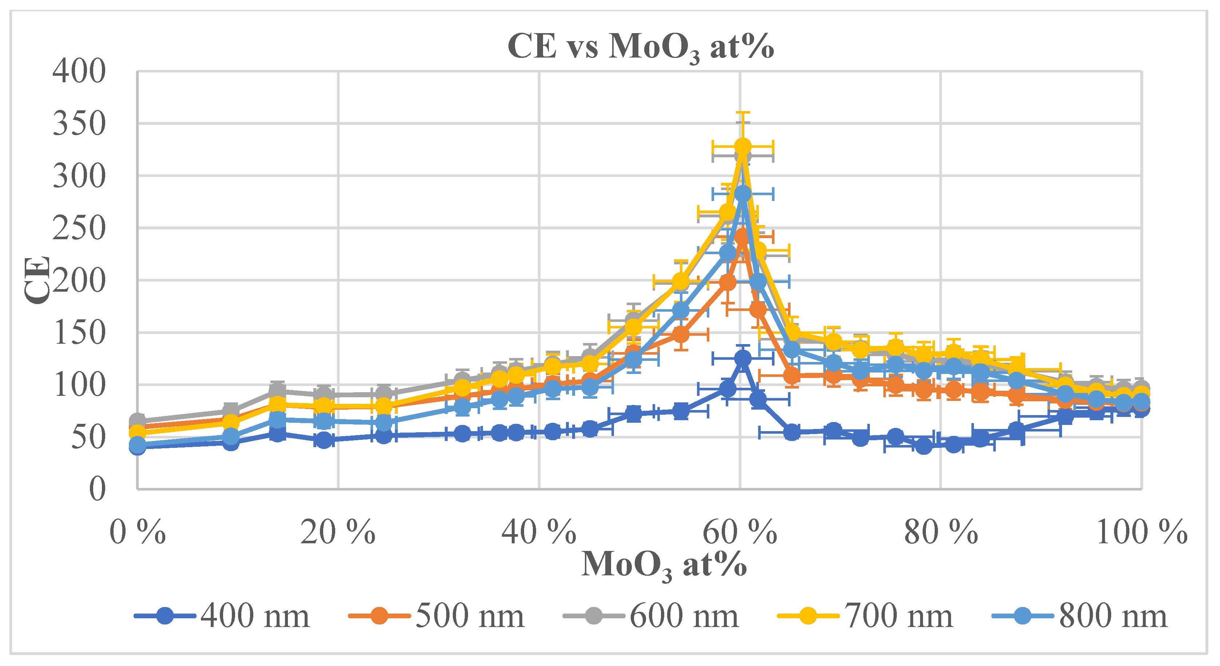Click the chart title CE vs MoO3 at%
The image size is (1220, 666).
(640, 46)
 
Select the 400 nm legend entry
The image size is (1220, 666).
(223, 616)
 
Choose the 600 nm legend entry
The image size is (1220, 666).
(651, 616)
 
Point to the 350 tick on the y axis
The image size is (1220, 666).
(79, 124)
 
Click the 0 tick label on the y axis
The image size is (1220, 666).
(97, 489)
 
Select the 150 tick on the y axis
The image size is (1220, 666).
(79, 332)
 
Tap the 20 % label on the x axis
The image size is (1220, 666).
(338, 532)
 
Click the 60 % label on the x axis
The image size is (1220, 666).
(740, 532)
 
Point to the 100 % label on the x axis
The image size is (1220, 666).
(1141, 532)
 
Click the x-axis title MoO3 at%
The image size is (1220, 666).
(664, 565)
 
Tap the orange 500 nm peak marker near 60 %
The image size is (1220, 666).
(742, 236)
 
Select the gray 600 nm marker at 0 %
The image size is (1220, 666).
(137, 421)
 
